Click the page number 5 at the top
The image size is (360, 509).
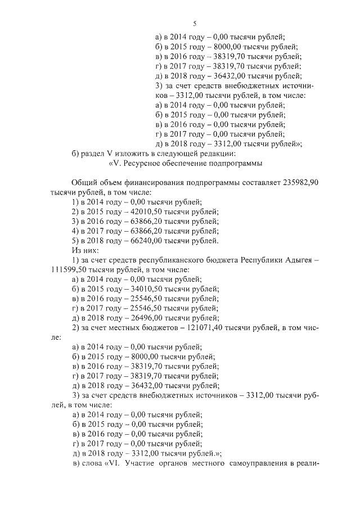[194, 24]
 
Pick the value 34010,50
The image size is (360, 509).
[140, 289]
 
